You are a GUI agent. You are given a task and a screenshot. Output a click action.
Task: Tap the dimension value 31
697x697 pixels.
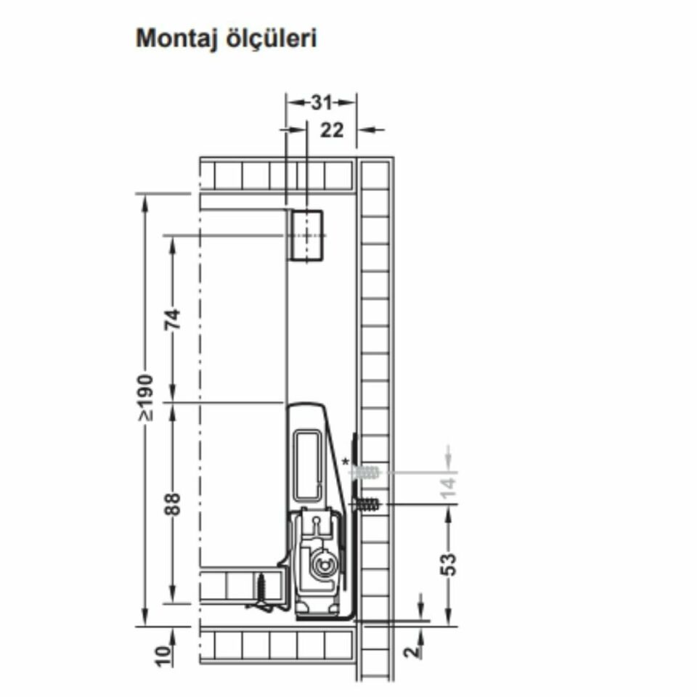point(321,102)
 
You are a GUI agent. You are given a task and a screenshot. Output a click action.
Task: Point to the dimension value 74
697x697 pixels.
point(173,319)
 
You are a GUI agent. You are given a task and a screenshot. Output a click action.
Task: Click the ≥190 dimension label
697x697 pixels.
point(147,397)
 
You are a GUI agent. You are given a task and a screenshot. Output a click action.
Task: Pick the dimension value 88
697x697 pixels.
point(173,504)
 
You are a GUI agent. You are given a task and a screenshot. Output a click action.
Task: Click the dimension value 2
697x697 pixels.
point(413,651)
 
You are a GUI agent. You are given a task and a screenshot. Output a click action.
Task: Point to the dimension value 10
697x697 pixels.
point(165,655)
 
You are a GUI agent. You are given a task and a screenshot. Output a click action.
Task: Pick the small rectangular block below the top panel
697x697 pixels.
point(305,235)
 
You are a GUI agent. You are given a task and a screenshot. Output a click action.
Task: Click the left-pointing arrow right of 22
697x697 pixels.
point(371,130)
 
